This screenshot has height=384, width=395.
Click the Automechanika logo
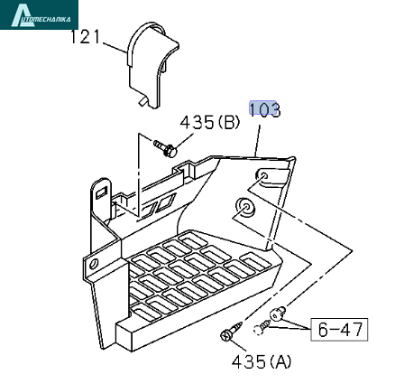point(39,14)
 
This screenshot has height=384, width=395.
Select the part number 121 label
point(85,37)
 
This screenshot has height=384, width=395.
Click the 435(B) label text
point(210,123)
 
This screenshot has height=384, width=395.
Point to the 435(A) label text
point(262,361)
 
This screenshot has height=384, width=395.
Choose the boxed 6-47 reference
point(339,329)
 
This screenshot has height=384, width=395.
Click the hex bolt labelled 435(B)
point(166,148)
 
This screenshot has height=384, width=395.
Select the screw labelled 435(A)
point(231,332)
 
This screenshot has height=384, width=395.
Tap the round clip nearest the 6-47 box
point(278,314)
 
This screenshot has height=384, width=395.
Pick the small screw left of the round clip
point(262,327)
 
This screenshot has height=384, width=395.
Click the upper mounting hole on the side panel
point(263,175)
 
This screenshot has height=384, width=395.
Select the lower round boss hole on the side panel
point(245,207)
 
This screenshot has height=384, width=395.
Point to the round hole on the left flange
point(94,264)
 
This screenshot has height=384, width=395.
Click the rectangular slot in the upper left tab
point(102,192)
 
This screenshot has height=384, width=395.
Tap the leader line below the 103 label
point(257,141)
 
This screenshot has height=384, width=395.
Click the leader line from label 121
point(115,48)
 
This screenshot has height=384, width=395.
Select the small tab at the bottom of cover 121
point(143,101)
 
